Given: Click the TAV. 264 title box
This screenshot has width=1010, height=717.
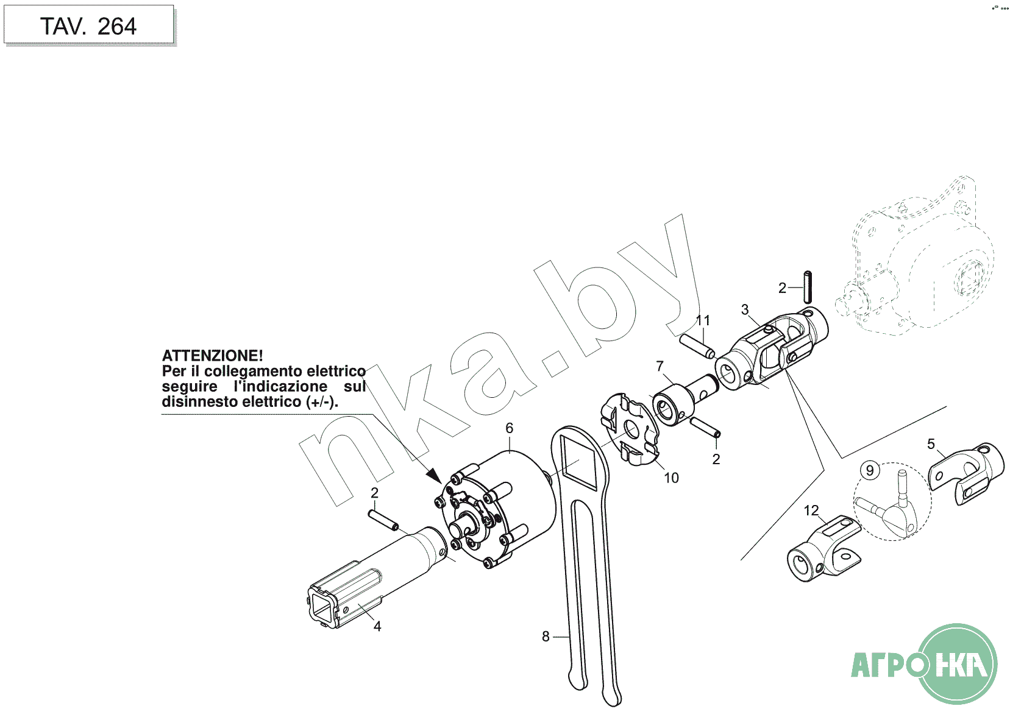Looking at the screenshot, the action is coord(89,24).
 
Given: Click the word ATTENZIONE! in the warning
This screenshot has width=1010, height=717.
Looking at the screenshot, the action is coord(212,356).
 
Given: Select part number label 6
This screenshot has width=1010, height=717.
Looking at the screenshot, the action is coord(509,428).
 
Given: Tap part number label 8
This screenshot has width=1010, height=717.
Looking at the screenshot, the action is coord(546,637).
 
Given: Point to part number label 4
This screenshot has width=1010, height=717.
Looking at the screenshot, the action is coord(377,626).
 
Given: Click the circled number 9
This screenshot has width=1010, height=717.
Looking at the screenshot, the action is coord(870,470).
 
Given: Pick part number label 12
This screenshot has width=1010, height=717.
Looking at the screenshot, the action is coord(811,510).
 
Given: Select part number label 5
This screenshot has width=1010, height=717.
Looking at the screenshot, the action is coord(931,444).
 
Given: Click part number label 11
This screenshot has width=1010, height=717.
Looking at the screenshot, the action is coord(703,320).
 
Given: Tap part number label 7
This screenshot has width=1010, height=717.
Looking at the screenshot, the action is coord(660,366).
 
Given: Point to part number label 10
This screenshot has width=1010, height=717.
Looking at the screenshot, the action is coord(671,478).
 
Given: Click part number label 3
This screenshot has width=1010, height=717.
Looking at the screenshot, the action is coord(745,309).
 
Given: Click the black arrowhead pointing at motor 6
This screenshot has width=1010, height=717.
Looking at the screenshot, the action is coord(435,475).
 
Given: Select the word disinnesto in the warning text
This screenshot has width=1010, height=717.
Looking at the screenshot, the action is coord(200,401).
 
